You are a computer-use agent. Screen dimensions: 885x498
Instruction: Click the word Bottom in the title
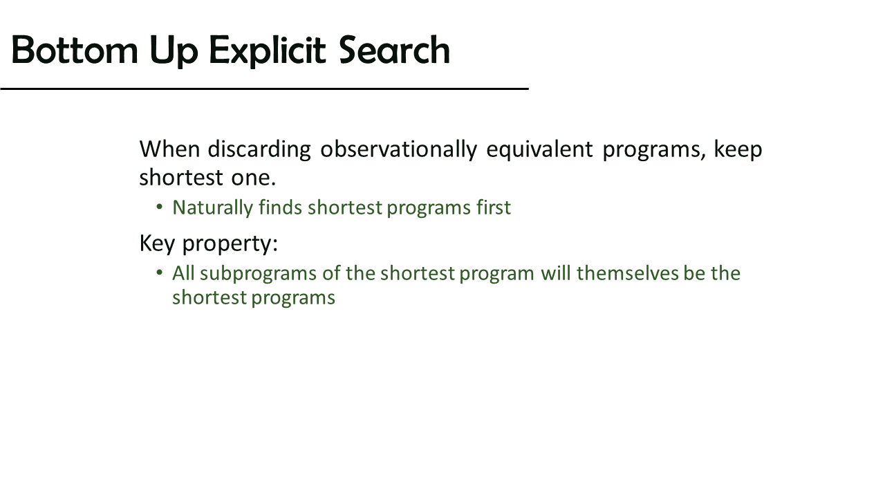(75, 50)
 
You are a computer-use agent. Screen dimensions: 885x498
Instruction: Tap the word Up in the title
(174, 52)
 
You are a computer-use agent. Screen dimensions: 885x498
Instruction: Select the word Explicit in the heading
(267, 51)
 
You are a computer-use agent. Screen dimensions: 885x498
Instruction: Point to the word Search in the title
(394, 50)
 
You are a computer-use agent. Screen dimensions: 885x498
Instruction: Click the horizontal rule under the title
(264, 89)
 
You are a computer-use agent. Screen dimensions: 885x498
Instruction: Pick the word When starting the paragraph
(169, 149)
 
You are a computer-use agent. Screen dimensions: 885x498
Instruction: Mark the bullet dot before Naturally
(159, 207)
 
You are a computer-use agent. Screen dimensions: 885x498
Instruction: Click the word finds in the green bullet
(280, 207)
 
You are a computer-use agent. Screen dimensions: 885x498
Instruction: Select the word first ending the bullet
(494, 207)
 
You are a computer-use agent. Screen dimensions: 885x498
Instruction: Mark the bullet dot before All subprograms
(159, 273)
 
